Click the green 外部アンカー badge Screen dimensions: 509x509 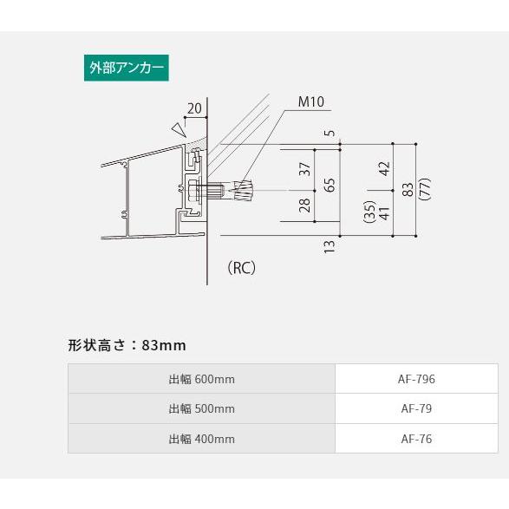click(125, 69)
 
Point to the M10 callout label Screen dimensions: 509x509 click(311, 102)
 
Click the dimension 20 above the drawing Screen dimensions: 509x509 click(194, 108)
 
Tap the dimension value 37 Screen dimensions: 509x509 click(304, 169)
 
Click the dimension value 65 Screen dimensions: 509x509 click(330, 185)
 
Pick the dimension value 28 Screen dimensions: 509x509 click(304, 205)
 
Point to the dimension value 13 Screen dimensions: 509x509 click(330, 246)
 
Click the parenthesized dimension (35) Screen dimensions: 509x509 click(368, 213)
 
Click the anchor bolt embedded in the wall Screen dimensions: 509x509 click(234, 190)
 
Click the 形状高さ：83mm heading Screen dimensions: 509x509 click(127, 345)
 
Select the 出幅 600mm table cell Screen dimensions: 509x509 click(201, 379)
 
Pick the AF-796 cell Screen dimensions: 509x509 click(416, 379)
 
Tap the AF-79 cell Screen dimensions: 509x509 click(416, 408)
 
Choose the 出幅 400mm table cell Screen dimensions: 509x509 click(201, 439)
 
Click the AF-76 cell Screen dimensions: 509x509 click(416, 439)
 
